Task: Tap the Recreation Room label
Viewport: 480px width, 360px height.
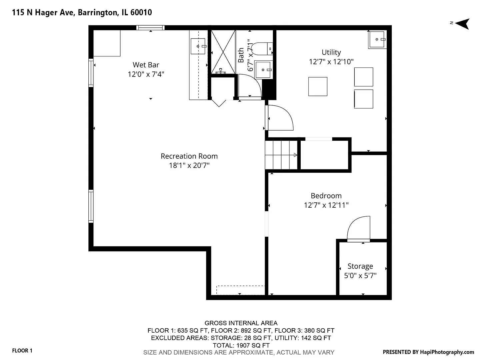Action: tap(189, 156)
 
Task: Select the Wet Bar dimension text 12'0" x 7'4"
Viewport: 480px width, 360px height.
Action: tap(146, 74)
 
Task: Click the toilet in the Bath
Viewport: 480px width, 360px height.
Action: tap(262, 49)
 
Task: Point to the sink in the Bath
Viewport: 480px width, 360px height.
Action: tap(263, 70)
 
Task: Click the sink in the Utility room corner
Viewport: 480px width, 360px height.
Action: tap(377, 40)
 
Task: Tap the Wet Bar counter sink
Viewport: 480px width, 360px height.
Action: tap(198, 46)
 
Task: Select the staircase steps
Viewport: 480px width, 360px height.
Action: tap(281, 155)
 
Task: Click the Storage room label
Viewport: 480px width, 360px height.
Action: tap(360, 266)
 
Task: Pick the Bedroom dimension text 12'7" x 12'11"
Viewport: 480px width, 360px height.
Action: tap(326, 205)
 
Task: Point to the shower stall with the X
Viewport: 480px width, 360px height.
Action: tap(223, 52)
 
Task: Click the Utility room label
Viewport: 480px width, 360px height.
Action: tap(331, 52)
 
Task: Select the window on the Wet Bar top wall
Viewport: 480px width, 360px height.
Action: tap(150, 28)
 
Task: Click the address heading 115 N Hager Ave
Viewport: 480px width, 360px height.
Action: tap(44, 12)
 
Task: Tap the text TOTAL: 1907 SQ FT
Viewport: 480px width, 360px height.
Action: tap(241, 345)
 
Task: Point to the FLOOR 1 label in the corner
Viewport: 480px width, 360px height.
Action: tap(22, 351)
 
